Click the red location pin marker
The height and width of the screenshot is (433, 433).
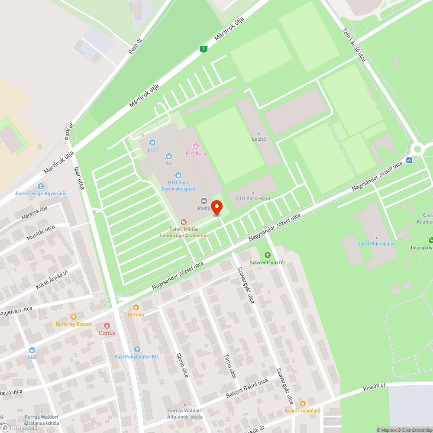point(216,207)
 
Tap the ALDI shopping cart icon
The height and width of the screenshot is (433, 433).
point(152,142)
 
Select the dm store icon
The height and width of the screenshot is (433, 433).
point(169,156)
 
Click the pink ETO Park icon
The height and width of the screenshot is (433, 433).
point(195,146)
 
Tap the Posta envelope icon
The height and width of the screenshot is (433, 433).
point(204,201)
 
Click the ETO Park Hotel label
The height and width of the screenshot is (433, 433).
point(253,198)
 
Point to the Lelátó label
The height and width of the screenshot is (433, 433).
point(259,139)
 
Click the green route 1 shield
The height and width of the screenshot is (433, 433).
point(203,49)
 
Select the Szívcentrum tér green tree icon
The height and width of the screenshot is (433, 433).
point(267,255)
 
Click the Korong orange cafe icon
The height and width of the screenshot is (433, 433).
point(136,307)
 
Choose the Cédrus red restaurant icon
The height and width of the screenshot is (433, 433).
point(107,326)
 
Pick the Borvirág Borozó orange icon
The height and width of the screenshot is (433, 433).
point(74,317)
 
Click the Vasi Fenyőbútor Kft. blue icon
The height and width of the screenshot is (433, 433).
point(137,349)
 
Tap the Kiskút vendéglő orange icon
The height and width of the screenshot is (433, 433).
point(302,403)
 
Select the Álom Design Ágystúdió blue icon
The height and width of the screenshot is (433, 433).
point(41,186)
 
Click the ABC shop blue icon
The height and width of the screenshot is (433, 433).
point(32,350)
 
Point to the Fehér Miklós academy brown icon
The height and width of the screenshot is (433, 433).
point(184,222)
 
